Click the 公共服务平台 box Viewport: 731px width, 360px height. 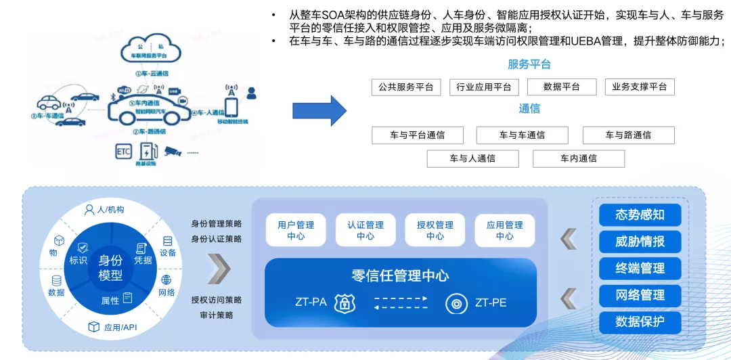click(406, 87)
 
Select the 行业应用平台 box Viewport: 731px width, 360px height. click(483, 87)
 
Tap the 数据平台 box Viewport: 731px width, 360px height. click(562, 87)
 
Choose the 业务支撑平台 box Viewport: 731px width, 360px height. click(639, 87)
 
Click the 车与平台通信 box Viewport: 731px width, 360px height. click(417, 135)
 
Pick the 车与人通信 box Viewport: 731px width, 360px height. click(472, 158)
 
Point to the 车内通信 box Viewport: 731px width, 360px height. click(578, 158)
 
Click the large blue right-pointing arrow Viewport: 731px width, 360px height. click(319, 110)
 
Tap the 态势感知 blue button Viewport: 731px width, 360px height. click(640, 215)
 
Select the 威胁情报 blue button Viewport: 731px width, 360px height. click(640, 242)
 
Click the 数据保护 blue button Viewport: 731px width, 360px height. click(640, 322)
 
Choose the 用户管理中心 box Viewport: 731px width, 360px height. click(296, 230)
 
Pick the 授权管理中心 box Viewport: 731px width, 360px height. click(435, 230)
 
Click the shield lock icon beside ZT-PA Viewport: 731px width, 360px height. click(345, 302)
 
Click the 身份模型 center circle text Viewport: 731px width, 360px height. click(110, 268)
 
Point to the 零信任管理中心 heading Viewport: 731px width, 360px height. click(400, 275)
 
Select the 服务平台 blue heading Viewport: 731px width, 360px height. click(529, 65)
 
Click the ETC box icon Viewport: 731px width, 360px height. click(123, 152)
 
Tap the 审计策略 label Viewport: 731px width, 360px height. click(217, 315)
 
